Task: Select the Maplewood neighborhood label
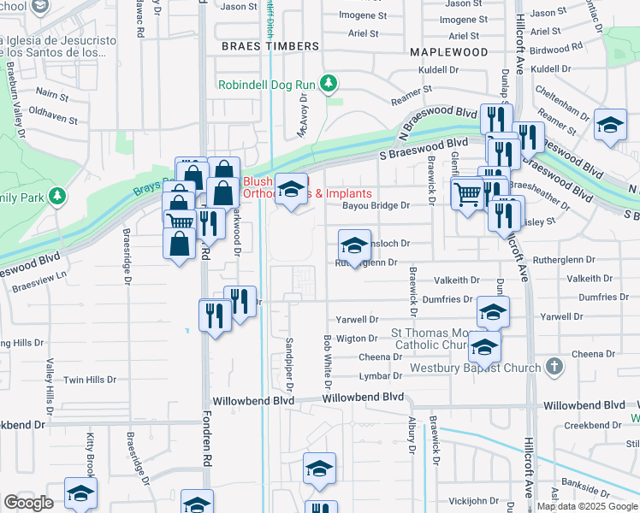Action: [448, 51]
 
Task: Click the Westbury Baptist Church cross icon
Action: [554, 368]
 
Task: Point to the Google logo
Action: [27, 503]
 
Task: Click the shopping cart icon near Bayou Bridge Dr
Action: [466, 196]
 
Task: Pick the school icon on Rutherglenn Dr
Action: [354, 245]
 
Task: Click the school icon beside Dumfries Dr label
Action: [493, 311]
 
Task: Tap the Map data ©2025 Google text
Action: [587, 506]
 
